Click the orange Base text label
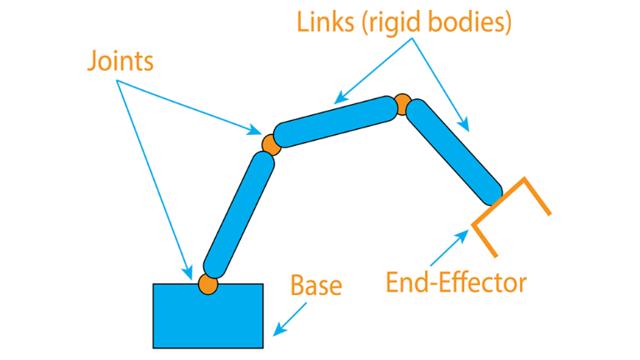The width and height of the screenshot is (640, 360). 316,285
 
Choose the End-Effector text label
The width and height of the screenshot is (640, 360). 456,282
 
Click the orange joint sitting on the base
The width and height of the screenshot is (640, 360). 207,284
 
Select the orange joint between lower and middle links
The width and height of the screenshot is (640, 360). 271,143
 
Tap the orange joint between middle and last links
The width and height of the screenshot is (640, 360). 403,104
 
